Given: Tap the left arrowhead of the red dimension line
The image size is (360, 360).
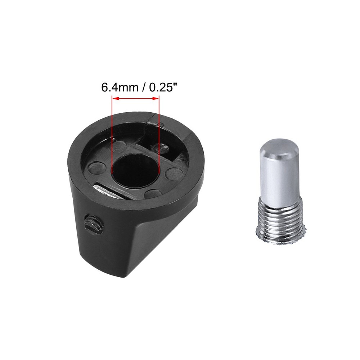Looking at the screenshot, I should pos(115,99).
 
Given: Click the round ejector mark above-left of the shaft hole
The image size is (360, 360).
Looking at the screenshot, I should pos(119,147).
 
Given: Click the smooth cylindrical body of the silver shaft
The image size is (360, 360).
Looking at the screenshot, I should pos(277,176).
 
